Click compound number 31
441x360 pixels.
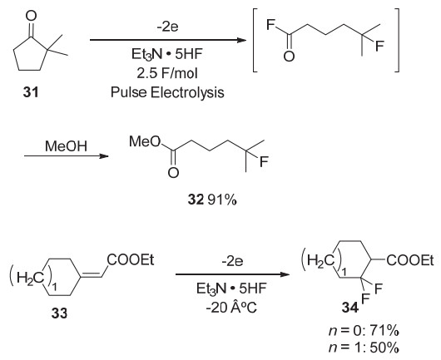(x=31, y=92)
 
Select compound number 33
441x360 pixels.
(x=60, y=313)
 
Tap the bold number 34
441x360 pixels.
(x=350, y=308)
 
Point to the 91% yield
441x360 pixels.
(x=222, y=200)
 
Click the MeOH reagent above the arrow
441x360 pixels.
(x=66, y=146)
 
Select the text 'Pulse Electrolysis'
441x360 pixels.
(x=167, y=92)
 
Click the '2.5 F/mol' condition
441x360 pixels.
(x=167, y=73)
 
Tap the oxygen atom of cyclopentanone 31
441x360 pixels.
(x=31, y=16)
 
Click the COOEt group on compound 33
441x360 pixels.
(x=131, y=260)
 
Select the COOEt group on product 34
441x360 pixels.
(x=410, y=260)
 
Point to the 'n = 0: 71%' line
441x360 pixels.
(x=364, y=331)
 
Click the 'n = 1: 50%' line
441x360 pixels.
(x=364, y=348)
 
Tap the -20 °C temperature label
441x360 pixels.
(x=231, y=308)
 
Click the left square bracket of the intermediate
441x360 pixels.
(x=255, y=40)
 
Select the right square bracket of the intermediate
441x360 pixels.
(x=397, y=40)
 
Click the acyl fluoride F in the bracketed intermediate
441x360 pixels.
(x=270, y=25)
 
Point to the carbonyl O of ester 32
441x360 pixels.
(x=173, y=173)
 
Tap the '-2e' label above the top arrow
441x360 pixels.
(x=168, y=27)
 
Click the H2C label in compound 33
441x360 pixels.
(x=31, y=278)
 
